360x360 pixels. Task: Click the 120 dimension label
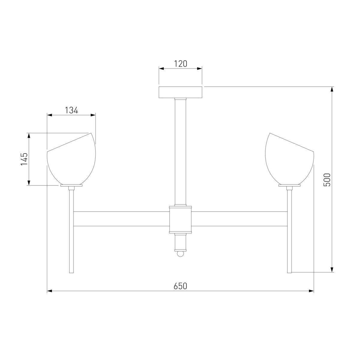click(x=180, y=64)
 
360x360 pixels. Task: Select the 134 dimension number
click(x=71, y=110)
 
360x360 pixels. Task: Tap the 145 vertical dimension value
click(x=24, y=159)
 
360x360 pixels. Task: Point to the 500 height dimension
click(x=327, y=180)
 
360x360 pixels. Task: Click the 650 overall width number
click(x=180, y=286)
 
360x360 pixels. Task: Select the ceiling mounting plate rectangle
click(x=180, y=92)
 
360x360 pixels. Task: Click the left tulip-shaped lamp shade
click(x=71, y=159)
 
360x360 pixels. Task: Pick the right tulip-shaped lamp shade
click(x=289, y=159)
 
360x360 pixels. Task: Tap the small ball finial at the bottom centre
click(x=180, y=254)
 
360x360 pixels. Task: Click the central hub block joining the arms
click(x=180, y=220)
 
